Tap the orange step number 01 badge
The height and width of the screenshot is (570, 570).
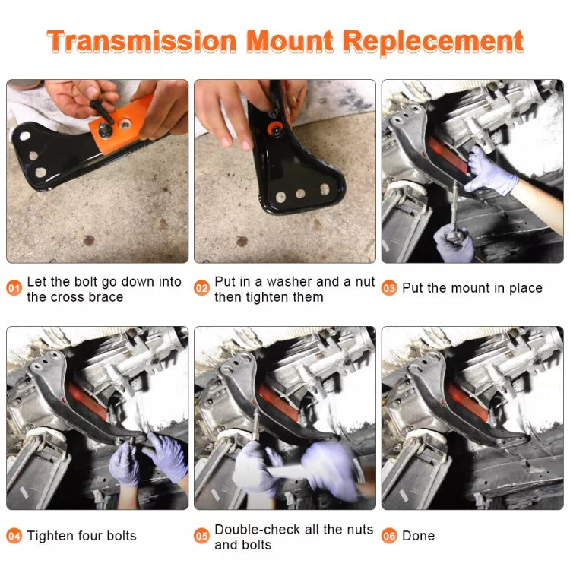(14, 289)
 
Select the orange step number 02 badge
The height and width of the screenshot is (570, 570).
(201, 289)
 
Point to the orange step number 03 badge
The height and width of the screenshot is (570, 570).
(389, 288)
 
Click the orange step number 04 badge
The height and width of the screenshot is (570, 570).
(14, 536)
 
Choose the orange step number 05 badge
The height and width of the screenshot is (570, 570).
(201, 536)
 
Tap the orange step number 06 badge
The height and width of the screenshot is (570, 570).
(389, 536)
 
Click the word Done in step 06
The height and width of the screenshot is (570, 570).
(418, 536)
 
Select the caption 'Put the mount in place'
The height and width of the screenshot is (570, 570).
(472, 288)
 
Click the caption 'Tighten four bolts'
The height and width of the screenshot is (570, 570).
(82, 536)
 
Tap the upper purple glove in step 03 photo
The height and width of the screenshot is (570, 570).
(490, 168)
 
